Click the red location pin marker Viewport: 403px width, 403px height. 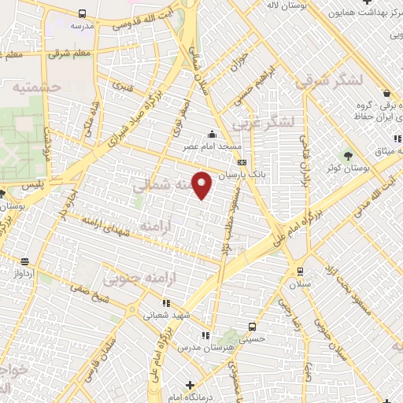[202, 185]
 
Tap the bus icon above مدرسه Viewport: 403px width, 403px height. [83, 13]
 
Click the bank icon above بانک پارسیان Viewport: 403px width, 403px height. [241, 161]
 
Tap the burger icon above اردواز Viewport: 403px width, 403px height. [25, 261]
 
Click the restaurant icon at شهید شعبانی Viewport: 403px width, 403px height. [165, 302]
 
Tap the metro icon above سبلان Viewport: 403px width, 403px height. [299, 272]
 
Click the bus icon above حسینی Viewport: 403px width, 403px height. [252, 326]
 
